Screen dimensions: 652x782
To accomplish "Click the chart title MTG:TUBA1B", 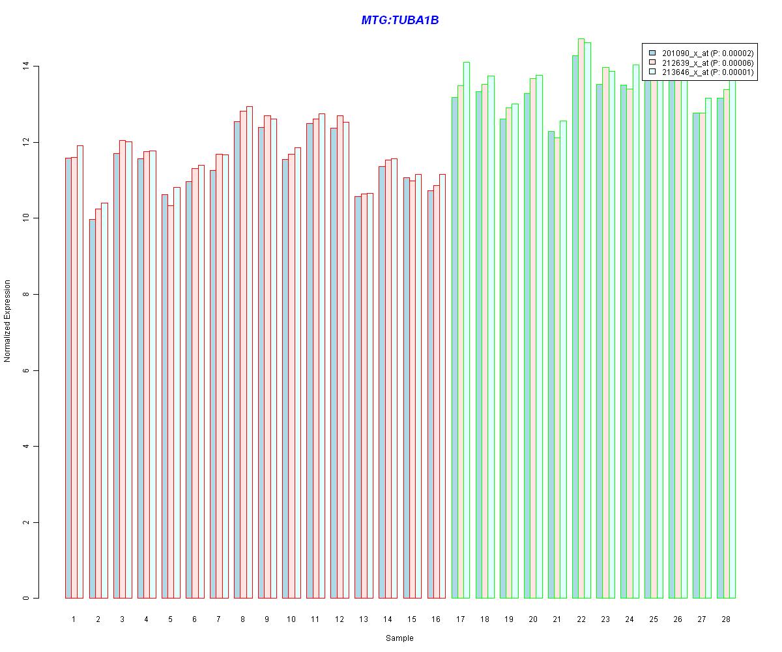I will pyautogui.click(x=399, y=21).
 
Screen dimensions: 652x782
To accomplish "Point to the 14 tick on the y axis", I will pyautogui.click(x=26, y=67).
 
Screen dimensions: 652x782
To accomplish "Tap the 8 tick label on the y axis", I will pyautogui.click(x=26, y=294).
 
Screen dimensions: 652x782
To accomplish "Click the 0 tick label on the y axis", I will pyautogui.click(x=26, y=598).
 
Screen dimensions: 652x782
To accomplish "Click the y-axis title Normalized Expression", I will pyautogui.click(x=8, y=321).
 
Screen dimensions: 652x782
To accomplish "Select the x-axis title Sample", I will pyautogui.click(x=399, y=638).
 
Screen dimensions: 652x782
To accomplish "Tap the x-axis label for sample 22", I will pyautogui.click(x=581, y=619).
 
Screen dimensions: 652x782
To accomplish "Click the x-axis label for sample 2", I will pyautogui.click(x=98, y=619).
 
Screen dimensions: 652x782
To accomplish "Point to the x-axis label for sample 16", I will pyautogui.click(x=436, y=619).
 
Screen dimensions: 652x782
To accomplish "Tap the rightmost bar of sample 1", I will pyautogui.click(x=80, y=372).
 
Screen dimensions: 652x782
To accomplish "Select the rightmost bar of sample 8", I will pyautogui.click(x=250, y=352).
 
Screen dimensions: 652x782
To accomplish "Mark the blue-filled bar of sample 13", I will pyautogui.click(x=358, y=397).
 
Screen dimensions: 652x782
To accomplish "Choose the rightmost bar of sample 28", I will pyautogui.click(x=732, y=339).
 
